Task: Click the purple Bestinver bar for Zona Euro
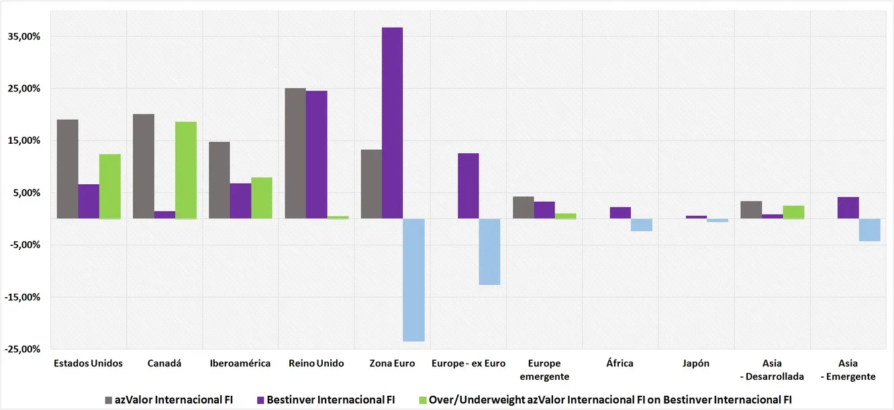click(393, 123)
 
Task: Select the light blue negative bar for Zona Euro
click(414, 280)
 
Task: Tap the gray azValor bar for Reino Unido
click(295, 153)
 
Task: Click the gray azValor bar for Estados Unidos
click(67, 169)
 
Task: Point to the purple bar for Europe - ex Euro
click(468, 186)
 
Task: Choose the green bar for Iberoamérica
click(262, 198)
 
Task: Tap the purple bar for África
click(620, 212)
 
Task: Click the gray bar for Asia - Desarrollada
click(751, 210)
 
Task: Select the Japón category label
click(696, 363)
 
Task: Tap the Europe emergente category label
click(544, 370)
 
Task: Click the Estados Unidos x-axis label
click(88, 363)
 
